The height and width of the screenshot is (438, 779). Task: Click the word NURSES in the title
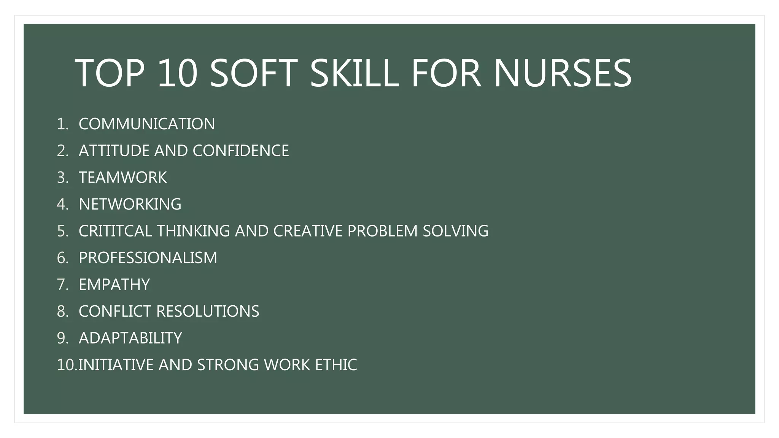563,73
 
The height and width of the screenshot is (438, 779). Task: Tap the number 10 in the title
177,73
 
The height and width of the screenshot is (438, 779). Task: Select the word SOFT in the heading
253,73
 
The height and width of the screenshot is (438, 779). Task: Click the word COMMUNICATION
147,124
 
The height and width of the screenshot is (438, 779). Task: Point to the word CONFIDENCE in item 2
241,151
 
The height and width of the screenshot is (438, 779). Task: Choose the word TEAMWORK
122,178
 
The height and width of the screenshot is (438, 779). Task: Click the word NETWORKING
130,204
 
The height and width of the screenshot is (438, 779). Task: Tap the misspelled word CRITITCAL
115,231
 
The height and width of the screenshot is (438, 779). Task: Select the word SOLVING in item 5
456,231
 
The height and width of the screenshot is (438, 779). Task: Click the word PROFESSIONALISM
148,258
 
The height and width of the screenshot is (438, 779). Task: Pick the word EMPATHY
114,284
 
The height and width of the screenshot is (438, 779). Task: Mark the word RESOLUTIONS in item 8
208,311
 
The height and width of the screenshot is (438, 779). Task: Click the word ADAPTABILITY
130,338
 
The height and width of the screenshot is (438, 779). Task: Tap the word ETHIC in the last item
336,365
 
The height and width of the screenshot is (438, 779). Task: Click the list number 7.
63,285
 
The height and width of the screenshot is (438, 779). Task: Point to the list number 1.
63,124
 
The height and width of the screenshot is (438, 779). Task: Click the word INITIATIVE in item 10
116,365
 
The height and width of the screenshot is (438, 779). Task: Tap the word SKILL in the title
355,73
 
